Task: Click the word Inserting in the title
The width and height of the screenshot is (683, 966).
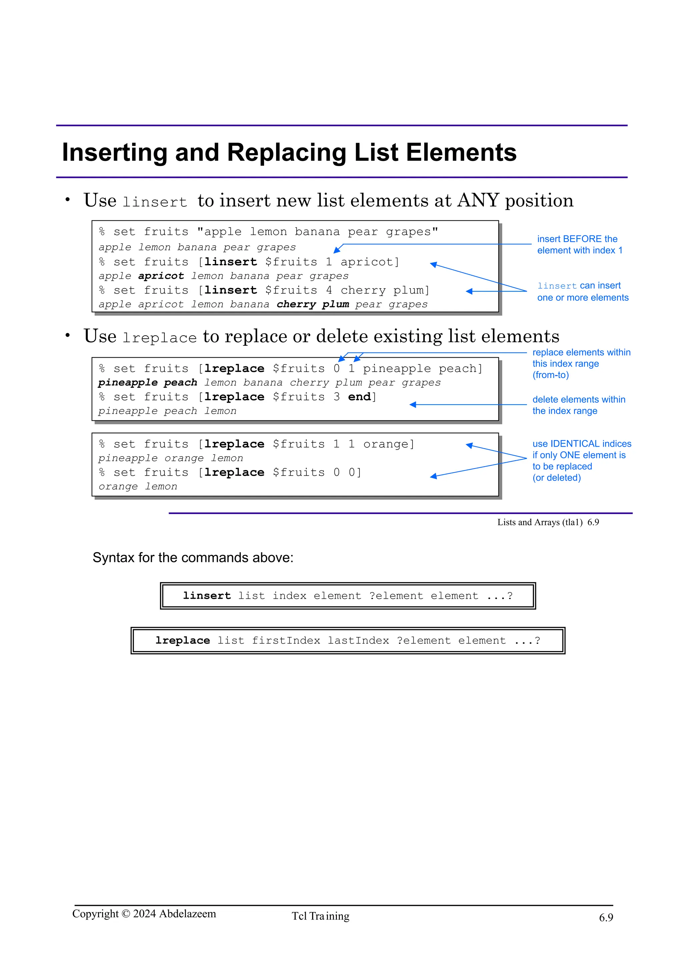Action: pyautogui.click(x=114, y=153)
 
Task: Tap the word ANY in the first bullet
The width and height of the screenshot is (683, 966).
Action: pyautogui.click(x=478, y=201)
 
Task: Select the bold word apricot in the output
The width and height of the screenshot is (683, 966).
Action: pyautogui.click(x=161, y=276)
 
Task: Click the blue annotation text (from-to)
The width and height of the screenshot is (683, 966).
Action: pyautogui.click(x=551, y=375)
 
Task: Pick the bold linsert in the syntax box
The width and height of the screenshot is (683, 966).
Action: pyautogui.click(x=207, y=596)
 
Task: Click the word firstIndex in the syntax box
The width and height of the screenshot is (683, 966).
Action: pyautogui.click(x=286, y=641)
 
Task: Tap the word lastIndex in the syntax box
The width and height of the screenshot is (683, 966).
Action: pyautogui.click(x=358, y=641)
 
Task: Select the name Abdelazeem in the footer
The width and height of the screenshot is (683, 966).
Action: pyautogui.click(x=187, y=914)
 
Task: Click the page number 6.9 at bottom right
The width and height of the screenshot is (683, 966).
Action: pyautogui.click(x=606, y=918)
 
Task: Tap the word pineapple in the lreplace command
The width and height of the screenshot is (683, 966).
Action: pyautogui.click(x=397, y=369)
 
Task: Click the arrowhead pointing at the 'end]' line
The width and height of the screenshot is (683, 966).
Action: pyautogui.click(x=413, y=405)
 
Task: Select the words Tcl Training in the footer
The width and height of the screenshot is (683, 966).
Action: pyautogui.click(x=321, y=916)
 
